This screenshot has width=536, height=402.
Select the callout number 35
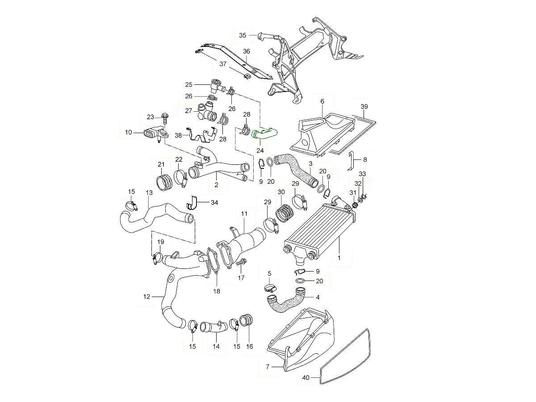click(x=243, y=35)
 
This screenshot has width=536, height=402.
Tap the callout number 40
click(x=306, y=378)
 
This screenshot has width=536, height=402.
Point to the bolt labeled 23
click(x=165, y=118)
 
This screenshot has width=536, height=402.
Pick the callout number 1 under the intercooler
click(x=339, y=258)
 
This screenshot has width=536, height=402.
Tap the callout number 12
click(x=146, y=296)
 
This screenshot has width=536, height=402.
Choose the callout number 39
click(x=364, y=106)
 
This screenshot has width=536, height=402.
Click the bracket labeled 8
click(x=351, y=159)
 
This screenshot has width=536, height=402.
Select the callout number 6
click(x=322, y=101)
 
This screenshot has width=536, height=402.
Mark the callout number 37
click(x=223, y=64)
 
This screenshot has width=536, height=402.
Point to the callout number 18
click(x=216, y=291)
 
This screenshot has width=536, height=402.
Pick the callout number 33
click(x=362, y=174)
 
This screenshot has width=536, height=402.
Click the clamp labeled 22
click(x=181, y=178)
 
